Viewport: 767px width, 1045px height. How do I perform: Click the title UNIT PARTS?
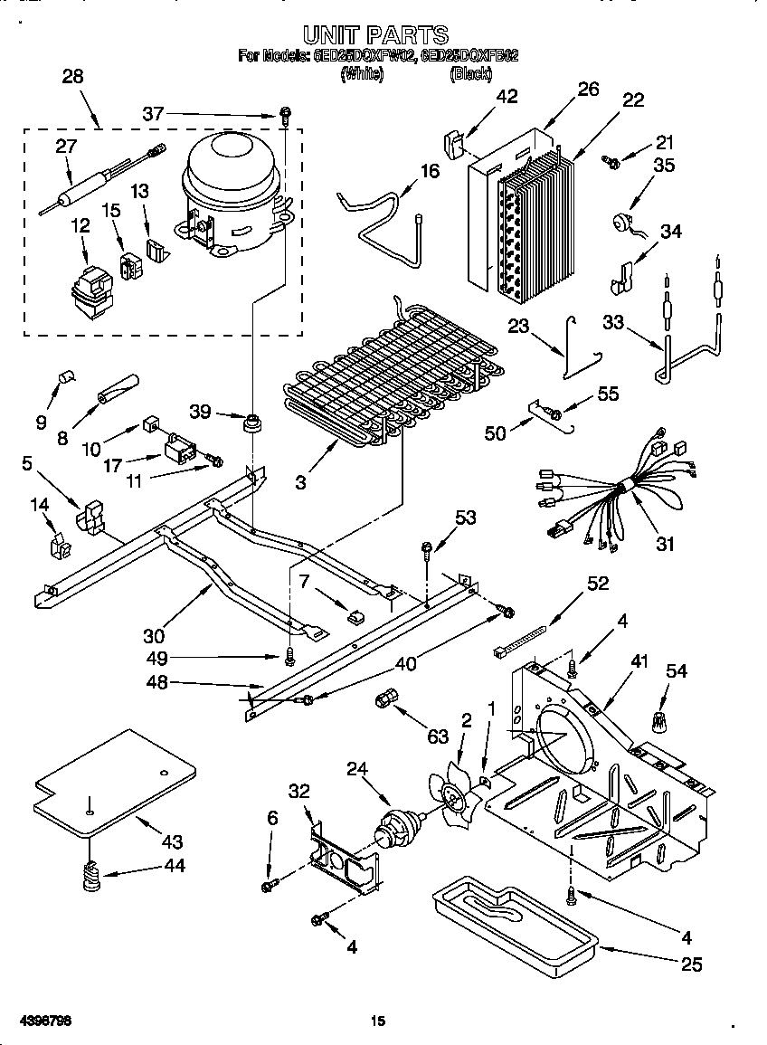[x=375, y=35]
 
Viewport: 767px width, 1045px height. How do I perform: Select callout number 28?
[x=71, y=77]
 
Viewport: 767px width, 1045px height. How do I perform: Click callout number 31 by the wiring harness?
[x=665, y=544]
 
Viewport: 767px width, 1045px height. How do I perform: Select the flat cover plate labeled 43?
[x=113, y=782]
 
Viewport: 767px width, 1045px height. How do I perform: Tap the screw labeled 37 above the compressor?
[x=285, y=115]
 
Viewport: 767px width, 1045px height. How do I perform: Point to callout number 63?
[x=438, y=736]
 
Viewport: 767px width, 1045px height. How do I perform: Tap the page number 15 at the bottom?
[x=378, y=1021]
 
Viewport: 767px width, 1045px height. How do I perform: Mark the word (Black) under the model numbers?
[x=470, y=74]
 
